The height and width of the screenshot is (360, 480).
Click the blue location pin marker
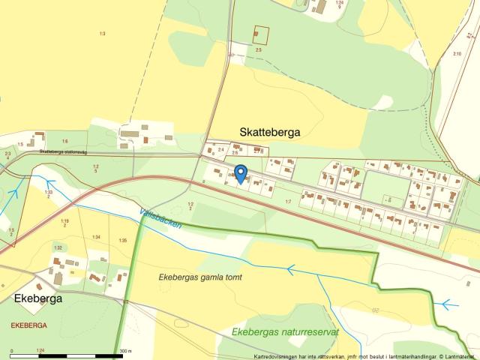point(240,173)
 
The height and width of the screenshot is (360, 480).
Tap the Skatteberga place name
point(269,132)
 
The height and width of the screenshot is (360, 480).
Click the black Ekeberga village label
point(37,298)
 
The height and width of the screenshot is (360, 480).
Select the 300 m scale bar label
point(125,349)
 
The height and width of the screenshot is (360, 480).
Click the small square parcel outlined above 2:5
point(260,34)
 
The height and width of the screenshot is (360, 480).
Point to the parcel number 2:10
point(457,53)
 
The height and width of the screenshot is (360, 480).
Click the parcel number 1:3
point(102,34)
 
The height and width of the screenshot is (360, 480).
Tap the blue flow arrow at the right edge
point(448,304)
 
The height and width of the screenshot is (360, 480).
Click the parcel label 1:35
point(123,240)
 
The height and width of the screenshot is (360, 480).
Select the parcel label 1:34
point(96,238)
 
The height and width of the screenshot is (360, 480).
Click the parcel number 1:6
point(64,142)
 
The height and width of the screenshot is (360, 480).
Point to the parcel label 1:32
point(57,247)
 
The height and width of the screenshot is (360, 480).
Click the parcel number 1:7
point(288,202)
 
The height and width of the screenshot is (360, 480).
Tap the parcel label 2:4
point(220,150)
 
